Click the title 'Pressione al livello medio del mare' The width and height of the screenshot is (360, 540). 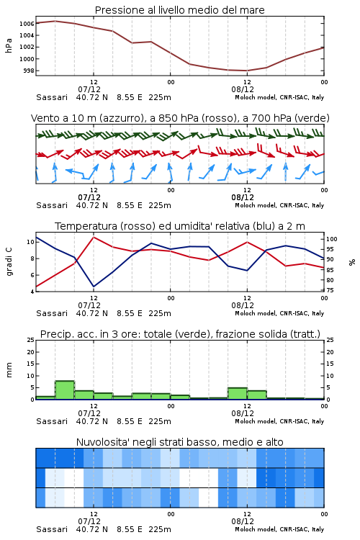[x=179, y=10]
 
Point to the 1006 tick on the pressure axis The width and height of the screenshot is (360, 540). [x=27, y=24]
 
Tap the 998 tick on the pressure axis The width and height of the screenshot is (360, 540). [x=29, y=71]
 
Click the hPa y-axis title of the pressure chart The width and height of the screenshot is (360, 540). [x=9, y=46]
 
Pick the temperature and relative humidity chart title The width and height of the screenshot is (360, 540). [x=179, y=226]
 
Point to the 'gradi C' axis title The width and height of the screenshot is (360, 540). [x=9, y=261]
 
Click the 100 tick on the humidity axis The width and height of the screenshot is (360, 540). [x=332, y=239]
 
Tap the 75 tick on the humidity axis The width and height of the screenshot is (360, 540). [x=330, y=291]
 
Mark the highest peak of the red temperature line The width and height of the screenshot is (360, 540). [x=94, y=237]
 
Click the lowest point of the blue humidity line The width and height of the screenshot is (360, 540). [x=94, y=287]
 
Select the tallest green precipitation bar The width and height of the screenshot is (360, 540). [x=65, y=390]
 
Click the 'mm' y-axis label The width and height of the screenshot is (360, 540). [x=9, y=370]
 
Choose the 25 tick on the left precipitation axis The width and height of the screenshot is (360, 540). [x=31, y=341]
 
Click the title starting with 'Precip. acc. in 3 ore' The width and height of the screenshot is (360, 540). [x=180, y=334]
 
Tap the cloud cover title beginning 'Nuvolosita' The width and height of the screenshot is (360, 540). [x=179, y=442]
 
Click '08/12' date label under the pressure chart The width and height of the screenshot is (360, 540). [x=243, y=89]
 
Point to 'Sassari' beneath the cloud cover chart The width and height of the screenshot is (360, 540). [x=52, y=529]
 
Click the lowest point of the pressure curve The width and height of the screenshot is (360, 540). [x=247, y=71]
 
